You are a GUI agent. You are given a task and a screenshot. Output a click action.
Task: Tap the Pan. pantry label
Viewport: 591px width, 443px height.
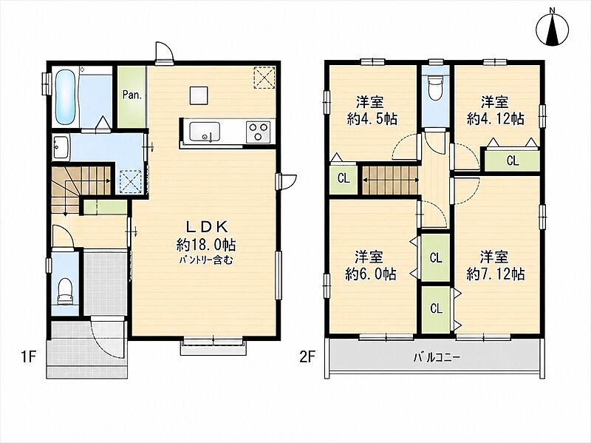click(132, 95)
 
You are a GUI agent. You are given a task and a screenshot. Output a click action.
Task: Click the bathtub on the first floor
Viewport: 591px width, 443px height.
click(65, 98)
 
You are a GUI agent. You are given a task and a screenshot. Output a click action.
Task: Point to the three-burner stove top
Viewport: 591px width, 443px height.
click(258, 132)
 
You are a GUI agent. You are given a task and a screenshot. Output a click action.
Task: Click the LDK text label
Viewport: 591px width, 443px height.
click(207, 227)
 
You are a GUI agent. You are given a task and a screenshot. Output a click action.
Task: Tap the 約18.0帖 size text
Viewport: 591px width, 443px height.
click(205, 245)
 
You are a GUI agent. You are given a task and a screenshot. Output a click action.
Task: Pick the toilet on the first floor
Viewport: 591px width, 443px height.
click(65, 291)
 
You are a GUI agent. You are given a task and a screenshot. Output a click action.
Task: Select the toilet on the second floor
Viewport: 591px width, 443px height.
click(435, 88)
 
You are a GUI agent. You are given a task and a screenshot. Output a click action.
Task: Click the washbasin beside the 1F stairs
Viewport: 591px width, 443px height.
click(61, 146)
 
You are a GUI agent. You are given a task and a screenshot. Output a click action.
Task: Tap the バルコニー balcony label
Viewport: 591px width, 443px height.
click(437, 357)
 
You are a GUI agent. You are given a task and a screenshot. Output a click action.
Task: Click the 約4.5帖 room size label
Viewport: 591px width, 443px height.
click(371, 119)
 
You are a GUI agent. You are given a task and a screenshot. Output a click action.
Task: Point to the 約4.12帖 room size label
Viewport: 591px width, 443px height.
click(495, 119)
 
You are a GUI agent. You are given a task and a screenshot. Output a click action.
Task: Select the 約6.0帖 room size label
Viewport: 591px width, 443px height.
click(370, 274)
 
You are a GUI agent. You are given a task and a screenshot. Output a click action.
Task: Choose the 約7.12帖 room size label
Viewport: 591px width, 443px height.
click(495, 274)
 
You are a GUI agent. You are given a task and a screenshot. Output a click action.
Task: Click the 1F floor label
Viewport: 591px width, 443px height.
click(28, 356)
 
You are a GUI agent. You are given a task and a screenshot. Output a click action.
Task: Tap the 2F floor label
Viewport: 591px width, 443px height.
click(307, 356)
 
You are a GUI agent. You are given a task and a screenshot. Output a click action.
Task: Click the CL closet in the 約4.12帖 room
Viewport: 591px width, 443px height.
click(513, 160)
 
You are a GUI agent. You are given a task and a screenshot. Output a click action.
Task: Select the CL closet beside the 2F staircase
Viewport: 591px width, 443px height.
click(344, 177)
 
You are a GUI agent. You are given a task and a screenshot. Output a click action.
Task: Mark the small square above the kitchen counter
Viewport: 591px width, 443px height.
click(199, 95)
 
